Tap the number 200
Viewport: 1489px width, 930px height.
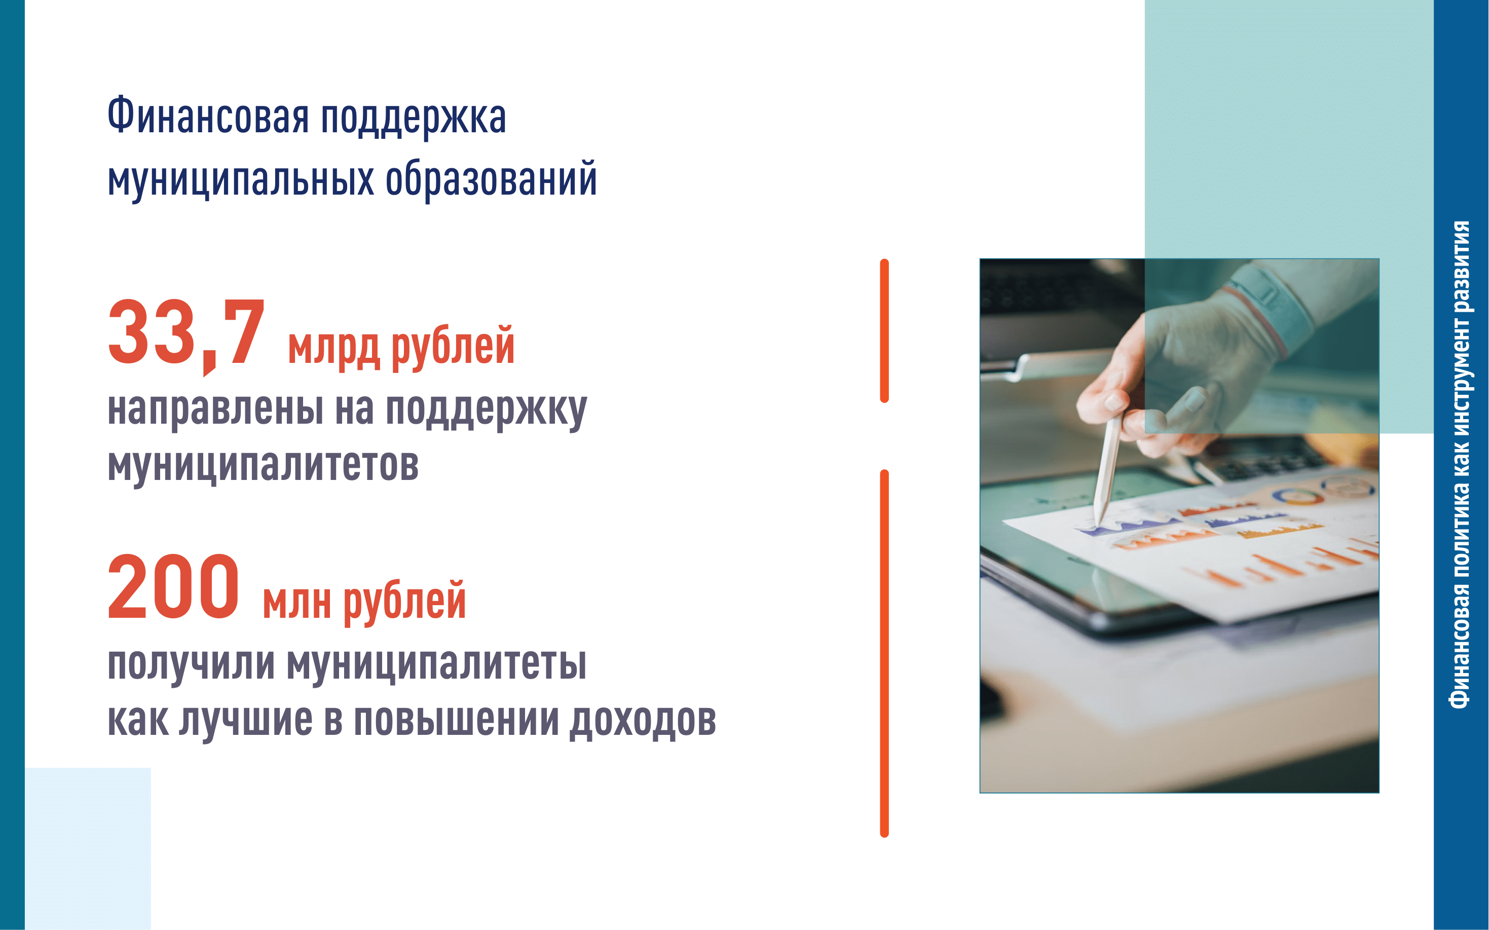[173, 587]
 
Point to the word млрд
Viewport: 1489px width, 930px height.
[333, 348]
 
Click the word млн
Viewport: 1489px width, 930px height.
[296, 602]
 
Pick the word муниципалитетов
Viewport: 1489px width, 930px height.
[263, 466]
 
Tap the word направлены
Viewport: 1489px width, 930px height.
[215, 408]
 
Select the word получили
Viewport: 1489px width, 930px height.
[191, 664]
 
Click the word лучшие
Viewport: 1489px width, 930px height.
[245, 720]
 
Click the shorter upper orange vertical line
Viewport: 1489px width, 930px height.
[884, 331]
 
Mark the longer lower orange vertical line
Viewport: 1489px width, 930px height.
[884, 653]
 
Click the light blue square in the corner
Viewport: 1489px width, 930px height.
[88, 849]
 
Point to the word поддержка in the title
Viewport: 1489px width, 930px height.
[414, 118]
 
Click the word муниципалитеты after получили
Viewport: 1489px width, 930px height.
[437, 664]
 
